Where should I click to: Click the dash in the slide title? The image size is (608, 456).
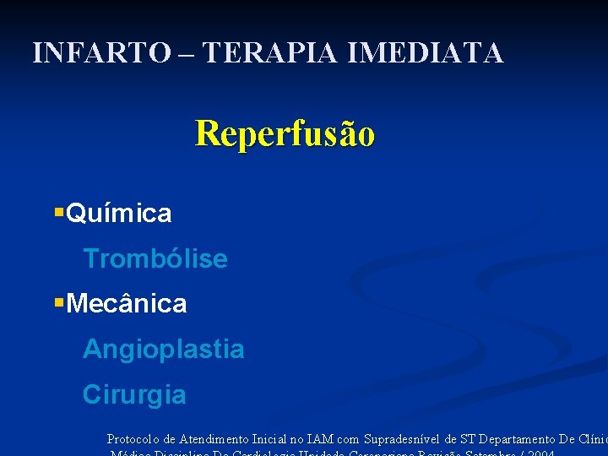186,54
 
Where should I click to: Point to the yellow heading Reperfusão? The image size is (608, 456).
285,133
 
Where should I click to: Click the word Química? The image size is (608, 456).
118,214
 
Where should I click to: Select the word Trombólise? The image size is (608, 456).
155,258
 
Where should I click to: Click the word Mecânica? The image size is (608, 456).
126,303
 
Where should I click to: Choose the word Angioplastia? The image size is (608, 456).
163,349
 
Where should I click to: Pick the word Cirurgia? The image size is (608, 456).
134,394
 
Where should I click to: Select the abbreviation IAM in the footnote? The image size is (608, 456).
320,439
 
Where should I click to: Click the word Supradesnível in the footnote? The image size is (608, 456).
401,439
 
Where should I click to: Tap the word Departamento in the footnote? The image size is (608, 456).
516,439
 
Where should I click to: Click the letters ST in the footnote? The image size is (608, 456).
468,439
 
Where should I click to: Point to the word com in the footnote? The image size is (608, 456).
348,440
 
